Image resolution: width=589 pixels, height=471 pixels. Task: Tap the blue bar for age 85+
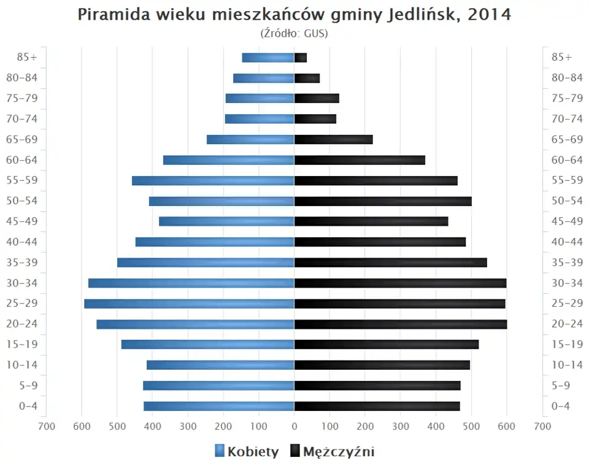268,58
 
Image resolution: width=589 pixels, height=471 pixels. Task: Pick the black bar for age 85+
301,58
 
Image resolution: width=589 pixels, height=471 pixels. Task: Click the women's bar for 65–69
250,139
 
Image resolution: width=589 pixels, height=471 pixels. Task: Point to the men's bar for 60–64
360,160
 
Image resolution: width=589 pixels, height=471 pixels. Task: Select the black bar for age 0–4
377,406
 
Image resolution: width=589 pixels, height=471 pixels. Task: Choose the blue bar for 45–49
226,221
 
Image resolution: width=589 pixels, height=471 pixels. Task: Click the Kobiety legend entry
247,452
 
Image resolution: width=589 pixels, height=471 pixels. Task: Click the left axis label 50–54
21,201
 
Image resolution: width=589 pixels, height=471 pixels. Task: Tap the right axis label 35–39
567,262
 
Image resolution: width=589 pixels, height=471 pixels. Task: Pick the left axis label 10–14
21,365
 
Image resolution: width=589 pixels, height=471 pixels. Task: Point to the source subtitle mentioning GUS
294,33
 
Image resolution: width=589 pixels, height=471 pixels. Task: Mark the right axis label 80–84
567,78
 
